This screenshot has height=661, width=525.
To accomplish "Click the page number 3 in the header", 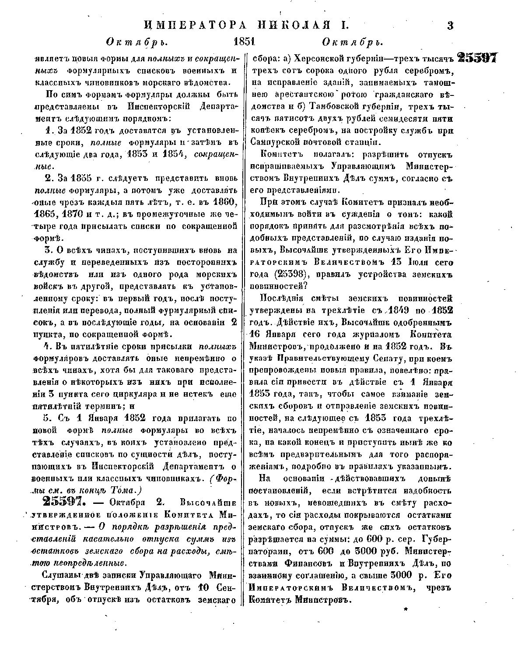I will click(x=451, y=25).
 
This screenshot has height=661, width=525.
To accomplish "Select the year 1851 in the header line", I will click(x=245, y=42).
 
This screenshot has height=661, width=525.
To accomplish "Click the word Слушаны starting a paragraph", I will click(x=59, y=575).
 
